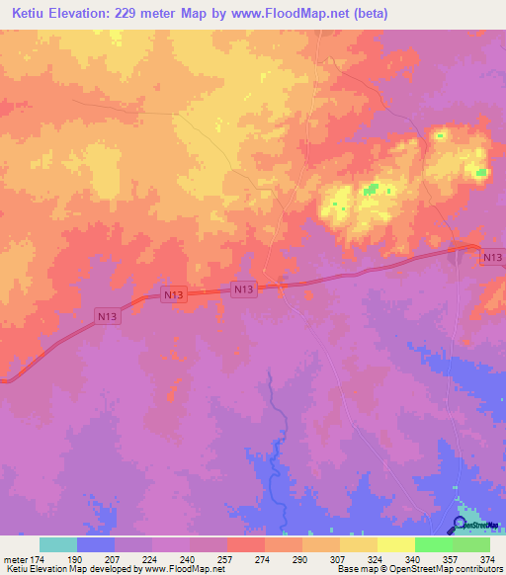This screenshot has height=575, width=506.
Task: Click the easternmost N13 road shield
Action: (492, 257)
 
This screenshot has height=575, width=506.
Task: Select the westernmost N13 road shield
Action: (108, 316)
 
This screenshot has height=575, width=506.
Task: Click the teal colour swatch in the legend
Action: (58, 544)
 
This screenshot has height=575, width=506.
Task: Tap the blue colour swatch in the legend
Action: (96, 544)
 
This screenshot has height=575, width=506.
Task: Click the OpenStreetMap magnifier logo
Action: (461, 525)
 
